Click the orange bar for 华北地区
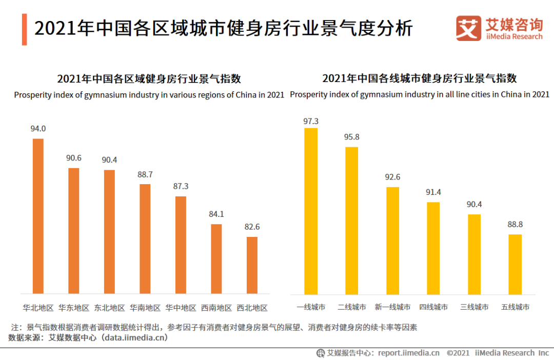[38, 216]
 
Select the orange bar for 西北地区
[252, 265]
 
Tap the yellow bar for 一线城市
[311, 211]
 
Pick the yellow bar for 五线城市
[515, 264]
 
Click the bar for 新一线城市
[392, 241]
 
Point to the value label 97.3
[311, 122]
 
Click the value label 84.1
[216, 214]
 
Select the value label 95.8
[352, 137]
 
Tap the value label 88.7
[145, 174]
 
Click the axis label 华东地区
[74, 308]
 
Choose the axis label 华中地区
[181, 308]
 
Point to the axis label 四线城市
[433, 307]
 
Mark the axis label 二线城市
[352, 307]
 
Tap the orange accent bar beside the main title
[24, 29]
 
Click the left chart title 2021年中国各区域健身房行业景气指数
[149, 79]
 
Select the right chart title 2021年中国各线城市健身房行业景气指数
[419, 78]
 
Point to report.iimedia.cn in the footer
[409, 353]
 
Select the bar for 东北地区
[109, 232]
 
